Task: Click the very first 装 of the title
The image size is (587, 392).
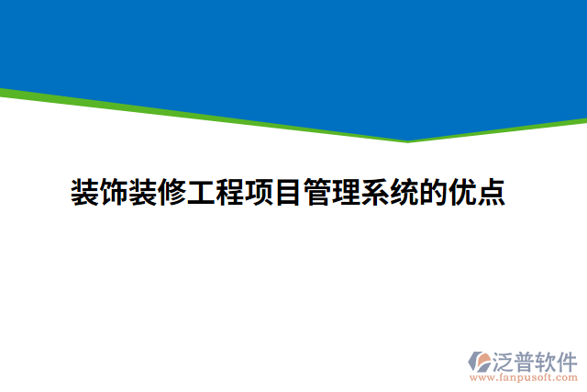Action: (86, 193)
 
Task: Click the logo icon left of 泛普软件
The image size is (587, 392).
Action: (481, 362)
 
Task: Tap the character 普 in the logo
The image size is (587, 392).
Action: (524, 361)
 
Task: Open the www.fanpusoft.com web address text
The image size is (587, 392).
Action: (524, 377)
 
